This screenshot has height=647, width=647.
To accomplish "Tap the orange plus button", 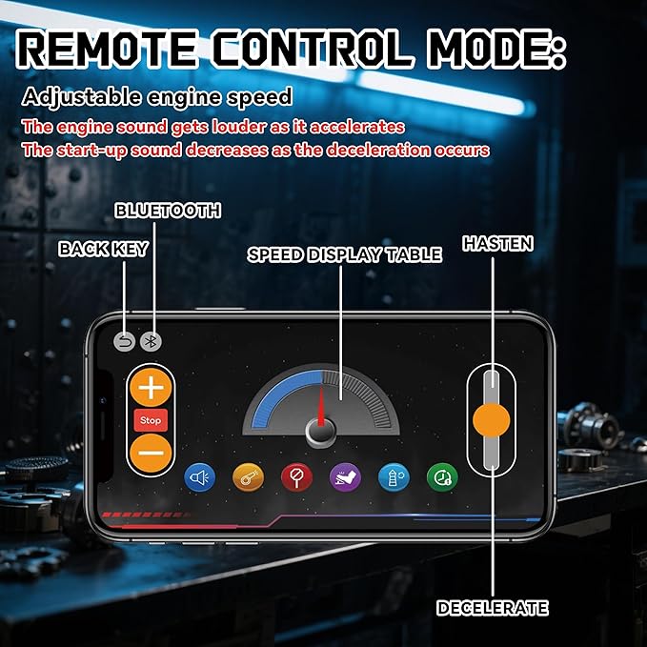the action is click(x=151, y=388).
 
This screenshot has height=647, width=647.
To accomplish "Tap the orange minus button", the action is click(x=151, y=453).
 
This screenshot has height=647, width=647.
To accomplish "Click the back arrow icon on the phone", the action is click(x=125, y=342).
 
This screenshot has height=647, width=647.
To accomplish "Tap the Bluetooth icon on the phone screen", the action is click(x=151, y=342).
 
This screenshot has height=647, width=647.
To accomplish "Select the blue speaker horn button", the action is click(x=200, y=477).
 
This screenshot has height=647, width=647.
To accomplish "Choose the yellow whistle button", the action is click(x=248, y=477).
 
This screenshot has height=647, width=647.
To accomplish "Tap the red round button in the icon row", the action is click(x=296, y=477).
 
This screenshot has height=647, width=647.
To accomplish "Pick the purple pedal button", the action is click(x=345, y=477).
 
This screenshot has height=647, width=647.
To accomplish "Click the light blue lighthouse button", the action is click(x=394, y=477).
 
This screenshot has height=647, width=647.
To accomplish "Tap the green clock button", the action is click(x=442, y=477).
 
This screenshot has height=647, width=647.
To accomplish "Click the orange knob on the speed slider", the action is click(x=492, y=420).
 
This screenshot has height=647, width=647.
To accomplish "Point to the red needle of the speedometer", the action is click(x=321, y=407).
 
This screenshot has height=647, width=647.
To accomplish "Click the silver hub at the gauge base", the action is click(x=321, y=432).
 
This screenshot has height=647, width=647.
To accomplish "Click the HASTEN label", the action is click(x=497, y=243).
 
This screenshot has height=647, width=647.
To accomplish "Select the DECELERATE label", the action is click(x=493, y=608).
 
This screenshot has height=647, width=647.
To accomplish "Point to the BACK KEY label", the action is click(x=103, y=249).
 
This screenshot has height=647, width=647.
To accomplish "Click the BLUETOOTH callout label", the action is click(x=168, y=211).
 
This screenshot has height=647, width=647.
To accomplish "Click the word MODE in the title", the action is click(x=497, y=50).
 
